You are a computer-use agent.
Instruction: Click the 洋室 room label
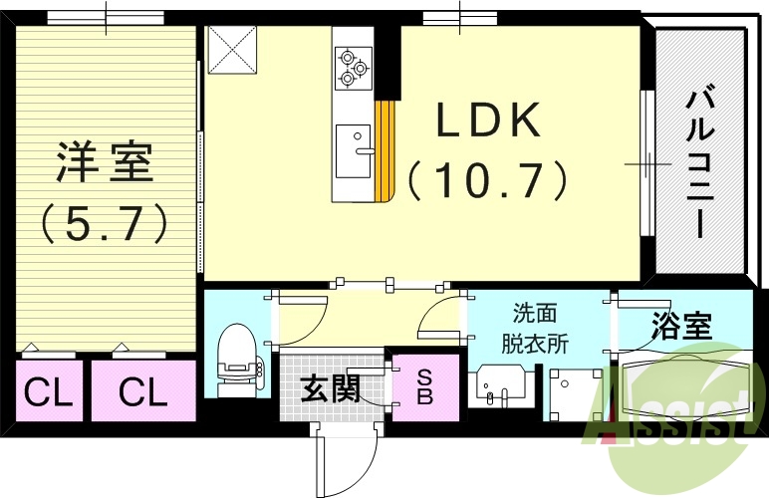[105, 161]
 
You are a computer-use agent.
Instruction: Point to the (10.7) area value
[487, 181]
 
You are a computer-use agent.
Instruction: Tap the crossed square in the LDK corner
[231, 51]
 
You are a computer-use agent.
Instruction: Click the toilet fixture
[237, 362]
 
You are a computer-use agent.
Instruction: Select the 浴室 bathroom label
[682, 327]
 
